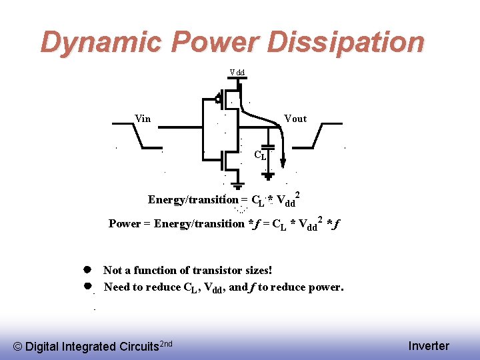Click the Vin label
[x=143, y=119]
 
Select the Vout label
[x=295, y=119]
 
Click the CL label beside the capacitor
[x=260, y=155]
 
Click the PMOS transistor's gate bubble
[x=218, y=101]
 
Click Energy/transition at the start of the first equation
[x=193, y=199]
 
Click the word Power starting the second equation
[x=125, y=223]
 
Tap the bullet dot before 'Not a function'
[x=87, y=270]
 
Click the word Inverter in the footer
[x=429, y=345]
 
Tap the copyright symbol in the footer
[x=18, y=346]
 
